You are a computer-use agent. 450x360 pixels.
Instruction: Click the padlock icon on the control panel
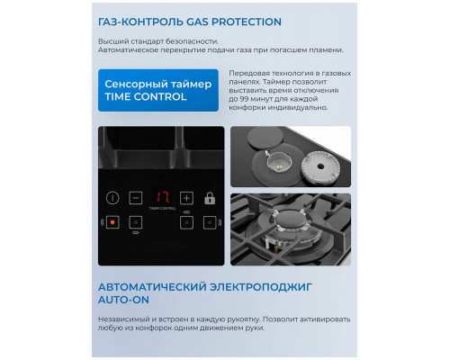[211, 197]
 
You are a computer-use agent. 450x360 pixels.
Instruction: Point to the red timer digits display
[161, 196]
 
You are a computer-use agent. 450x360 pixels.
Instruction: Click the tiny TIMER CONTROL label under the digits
[161, 209]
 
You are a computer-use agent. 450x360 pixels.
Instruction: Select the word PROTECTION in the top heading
[240, 20]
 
